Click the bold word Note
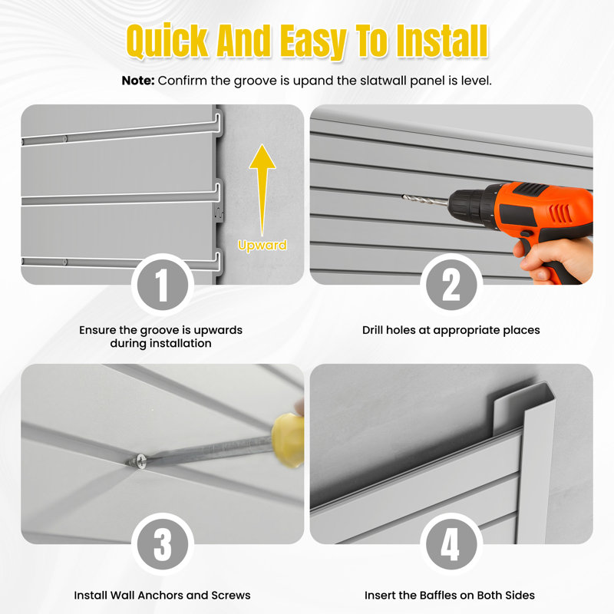(x=137, y=80)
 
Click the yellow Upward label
(x=262, y=246)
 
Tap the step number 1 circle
(x=162, y=286)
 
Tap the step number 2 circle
(x=451, y=286)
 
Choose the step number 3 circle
(x=162, y=545)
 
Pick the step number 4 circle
(x=451, y=545)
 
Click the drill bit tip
(x=405, y=196)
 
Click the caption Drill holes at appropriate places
(x=451, y=330)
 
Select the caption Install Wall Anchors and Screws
(x=162, y=595)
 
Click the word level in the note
(x=477, y=80)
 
